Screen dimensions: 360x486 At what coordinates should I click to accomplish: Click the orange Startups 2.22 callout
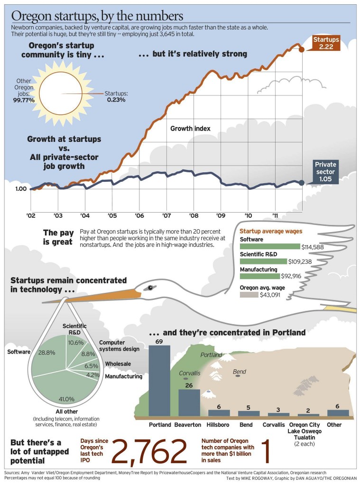click(325, 43)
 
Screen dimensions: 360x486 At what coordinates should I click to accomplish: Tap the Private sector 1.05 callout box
click(325, 172)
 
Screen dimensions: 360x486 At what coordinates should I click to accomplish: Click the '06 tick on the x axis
click(139, 215)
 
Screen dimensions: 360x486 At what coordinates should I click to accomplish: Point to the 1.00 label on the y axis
click(21, 189)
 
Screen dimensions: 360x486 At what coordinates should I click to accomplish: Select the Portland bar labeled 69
click(159, 381)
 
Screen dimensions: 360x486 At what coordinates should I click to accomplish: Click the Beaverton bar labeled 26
click(189, 403)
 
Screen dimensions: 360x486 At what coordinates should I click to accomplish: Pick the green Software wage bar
click(270, 246)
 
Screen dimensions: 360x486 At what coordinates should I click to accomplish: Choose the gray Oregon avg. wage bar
click(249, 295)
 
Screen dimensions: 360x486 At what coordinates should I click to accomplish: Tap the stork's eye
click(150, 288)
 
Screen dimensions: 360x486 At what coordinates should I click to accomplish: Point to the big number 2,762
click(149, 451)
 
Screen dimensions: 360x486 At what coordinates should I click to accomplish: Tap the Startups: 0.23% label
click(116, 96)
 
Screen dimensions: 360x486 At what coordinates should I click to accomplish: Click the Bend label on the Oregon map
click(240, 372)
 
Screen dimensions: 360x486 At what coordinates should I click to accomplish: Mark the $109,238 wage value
click(300, 262)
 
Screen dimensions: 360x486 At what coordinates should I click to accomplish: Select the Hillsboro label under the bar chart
click(218, 425)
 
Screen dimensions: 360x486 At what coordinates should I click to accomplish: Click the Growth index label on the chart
click(190, 128)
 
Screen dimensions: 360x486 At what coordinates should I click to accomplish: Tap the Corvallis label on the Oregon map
click(190, 373)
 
